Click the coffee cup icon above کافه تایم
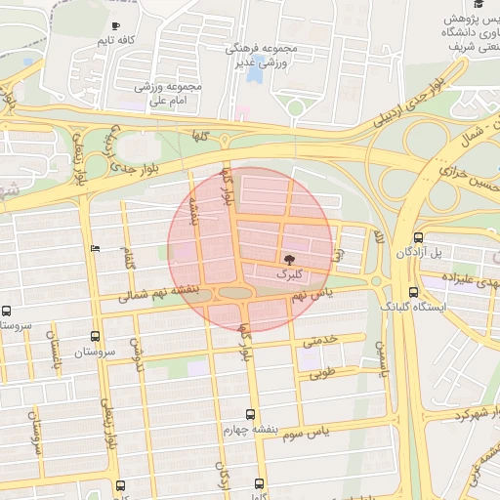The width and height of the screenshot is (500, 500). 116,25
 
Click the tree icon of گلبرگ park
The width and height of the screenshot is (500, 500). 288,259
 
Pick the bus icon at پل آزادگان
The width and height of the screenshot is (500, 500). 418,237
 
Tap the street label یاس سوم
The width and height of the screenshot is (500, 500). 336,429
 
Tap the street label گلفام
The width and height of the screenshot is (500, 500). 128,259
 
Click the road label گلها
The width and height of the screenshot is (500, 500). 202,134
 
